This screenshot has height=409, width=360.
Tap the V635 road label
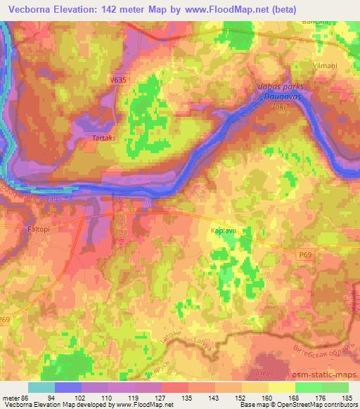(x=117, y=81)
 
